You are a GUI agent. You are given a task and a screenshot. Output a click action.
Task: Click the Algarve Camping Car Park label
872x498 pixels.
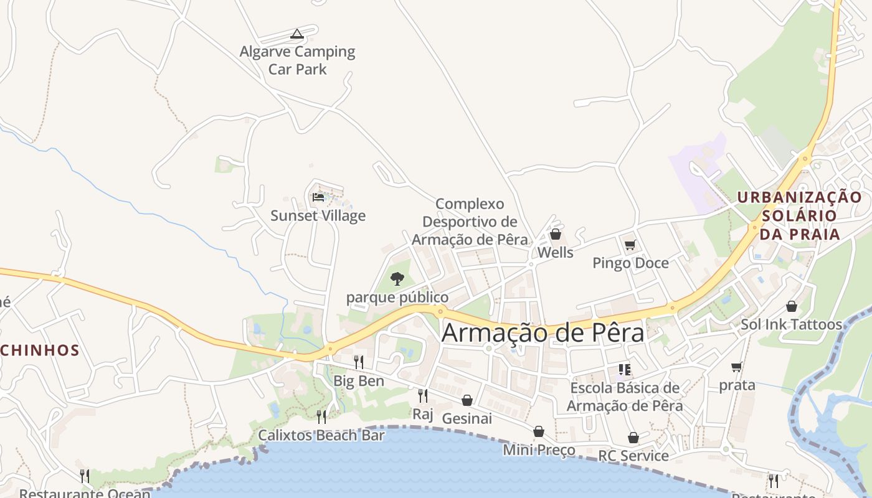pyautogui.click(x=298, y=60)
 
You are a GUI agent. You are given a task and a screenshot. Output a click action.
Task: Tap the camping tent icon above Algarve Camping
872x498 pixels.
pyautogui.click(x=297, y=34)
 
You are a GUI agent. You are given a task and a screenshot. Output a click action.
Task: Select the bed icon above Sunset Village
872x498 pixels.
pyautogui.click(x=318, y=197)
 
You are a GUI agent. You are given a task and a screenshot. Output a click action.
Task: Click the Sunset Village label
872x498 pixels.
pyautogui.click(x=318, y=216)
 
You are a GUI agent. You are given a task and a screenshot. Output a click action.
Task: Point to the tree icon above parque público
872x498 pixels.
pyautogui.click(x=397, y=278)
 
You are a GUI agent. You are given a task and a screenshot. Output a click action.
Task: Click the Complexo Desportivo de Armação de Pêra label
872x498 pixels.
pyautogui.click(x=470, y=222)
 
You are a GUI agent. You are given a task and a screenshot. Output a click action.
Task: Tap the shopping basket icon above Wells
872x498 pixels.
pyautogui.click(x=555, y=235)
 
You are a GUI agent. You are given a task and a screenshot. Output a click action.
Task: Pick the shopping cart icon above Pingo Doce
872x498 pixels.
pyautogui.click(x=630, y=245)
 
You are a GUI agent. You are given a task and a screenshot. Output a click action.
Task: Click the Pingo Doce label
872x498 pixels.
pyautogui.click(x=630, y=263)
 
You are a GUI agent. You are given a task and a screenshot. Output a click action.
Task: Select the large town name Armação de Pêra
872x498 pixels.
pyautogui.click(x=543, y=333)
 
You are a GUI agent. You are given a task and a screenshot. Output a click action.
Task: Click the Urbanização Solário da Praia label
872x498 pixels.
pyautogui.click(x=800, y=215)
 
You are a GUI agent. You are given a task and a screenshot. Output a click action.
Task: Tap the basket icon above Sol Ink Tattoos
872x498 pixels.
pyautogui.click(x=791, y=306)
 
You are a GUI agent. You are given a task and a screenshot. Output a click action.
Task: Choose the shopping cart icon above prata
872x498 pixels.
pyautogui.click(x=737, y=367)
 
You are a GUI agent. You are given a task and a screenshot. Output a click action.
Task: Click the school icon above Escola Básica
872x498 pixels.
pyautogui.click(x=625, y=370)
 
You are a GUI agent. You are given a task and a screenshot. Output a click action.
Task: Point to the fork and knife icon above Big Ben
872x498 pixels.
pyautogui.click(x=358, y=362)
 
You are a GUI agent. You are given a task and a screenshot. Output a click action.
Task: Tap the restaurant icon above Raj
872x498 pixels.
pyautogui.click(x=422, y=395)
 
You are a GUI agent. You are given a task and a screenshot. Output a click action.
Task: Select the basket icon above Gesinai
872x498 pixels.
pyautogui.click(x=467, y=400)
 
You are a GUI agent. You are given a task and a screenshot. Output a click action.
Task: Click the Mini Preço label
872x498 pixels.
pyautogui.click(x=539, y=449)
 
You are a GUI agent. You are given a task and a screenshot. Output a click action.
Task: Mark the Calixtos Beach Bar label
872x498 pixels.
pyautogui.click(x=321, y=435)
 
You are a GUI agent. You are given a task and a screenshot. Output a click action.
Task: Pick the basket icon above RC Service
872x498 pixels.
pyautogui.click(x=633, y=438)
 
